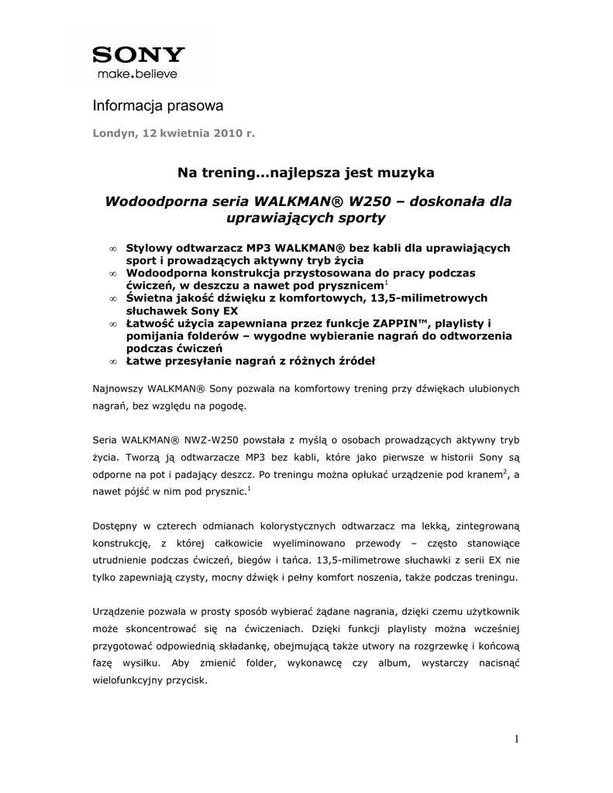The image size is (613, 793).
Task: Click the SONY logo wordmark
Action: pyautogui.click(x=139, y=55)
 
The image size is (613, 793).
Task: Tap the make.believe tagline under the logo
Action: pyautogui.click(x=136, y=74)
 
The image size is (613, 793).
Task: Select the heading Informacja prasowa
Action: pyautogui.click(x=158, y=105)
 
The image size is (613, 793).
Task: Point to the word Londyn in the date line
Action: pyautogui.click(x=113, y=133)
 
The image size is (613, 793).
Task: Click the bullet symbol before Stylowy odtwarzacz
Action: pyautogui.click(x=112, y=249)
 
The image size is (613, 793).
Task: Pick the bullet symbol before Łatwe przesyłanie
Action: pyautogui.click(x=112, y=361)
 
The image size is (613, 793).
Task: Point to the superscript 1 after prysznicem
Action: pyautogui.click(x=387, y=283)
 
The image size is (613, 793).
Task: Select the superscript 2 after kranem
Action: pyautogui.click(x=505, y=470)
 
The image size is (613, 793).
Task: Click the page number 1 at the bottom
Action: pyautogui.click(x=516, y=739)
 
